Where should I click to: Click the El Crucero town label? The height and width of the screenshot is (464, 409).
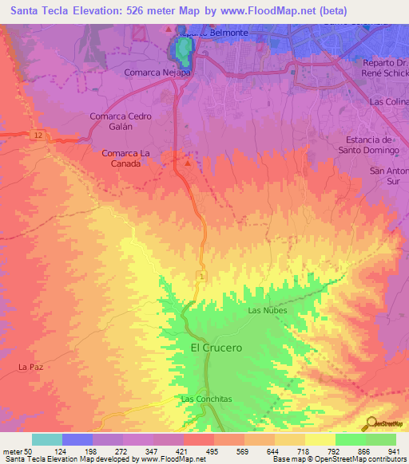click(x=216, y=348)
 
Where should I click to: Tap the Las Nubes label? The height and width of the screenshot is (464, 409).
click(x=267, y=310)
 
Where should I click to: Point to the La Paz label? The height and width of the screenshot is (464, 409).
click(x=30, y=367)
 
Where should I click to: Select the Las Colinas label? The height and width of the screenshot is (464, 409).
click(x=388, y=102)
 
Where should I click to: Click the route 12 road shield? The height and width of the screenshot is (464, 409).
click(x=38, y=135)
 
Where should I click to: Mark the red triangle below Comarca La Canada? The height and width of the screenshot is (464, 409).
click(x=188, y=163)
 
